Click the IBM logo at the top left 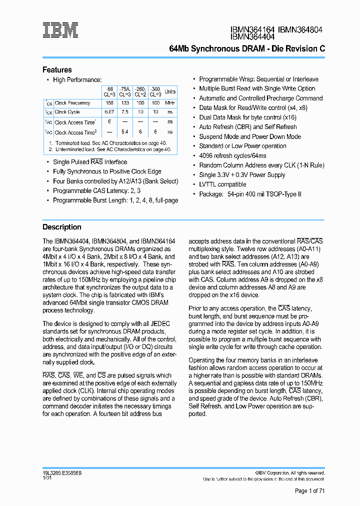pyautogui.click(x=60, y=30)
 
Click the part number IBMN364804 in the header pyautogui.click(x=300, y=29)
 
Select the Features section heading pyautogui.click(x=57, y=70)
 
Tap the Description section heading pyautogui.click(x=61, y=227)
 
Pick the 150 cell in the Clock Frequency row pyautogui.click(x=109, y=103)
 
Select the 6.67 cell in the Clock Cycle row pyautogui.click(x=109, y=112)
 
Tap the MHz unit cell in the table pyautogui.click(x=170, y=103)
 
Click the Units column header pyautogui.click(x=170, y=91)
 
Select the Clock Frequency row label pyautogui.click(x=72, y=103)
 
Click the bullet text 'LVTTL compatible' pyautogui.click(x=222, y=184)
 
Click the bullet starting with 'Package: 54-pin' pyautogui.click(x=250, y=194)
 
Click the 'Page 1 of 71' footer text pyautogui.click(x=309, y=491)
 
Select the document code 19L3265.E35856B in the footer pyautogui.click(x=62, y=472)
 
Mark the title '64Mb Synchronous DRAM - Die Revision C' pyautogui.click(x=247, y=49)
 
